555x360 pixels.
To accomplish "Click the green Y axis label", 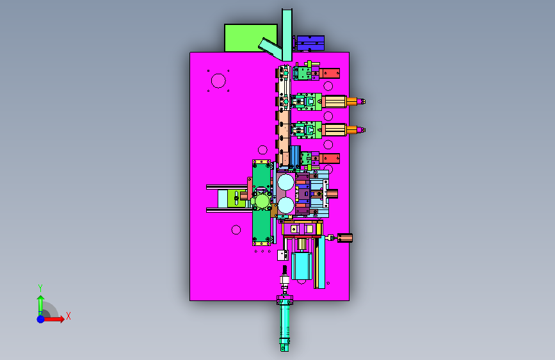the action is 40,288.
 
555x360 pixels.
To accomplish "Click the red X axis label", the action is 68,316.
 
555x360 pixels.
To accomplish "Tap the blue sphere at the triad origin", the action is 41,319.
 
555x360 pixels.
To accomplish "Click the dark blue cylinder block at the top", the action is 310,43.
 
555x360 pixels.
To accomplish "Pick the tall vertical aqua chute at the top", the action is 287,35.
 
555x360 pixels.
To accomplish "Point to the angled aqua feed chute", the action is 271,49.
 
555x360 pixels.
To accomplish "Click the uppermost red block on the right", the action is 330,74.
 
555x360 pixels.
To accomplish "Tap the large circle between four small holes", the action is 218,81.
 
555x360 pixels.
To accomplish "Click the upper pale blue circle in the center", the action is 286,183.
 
